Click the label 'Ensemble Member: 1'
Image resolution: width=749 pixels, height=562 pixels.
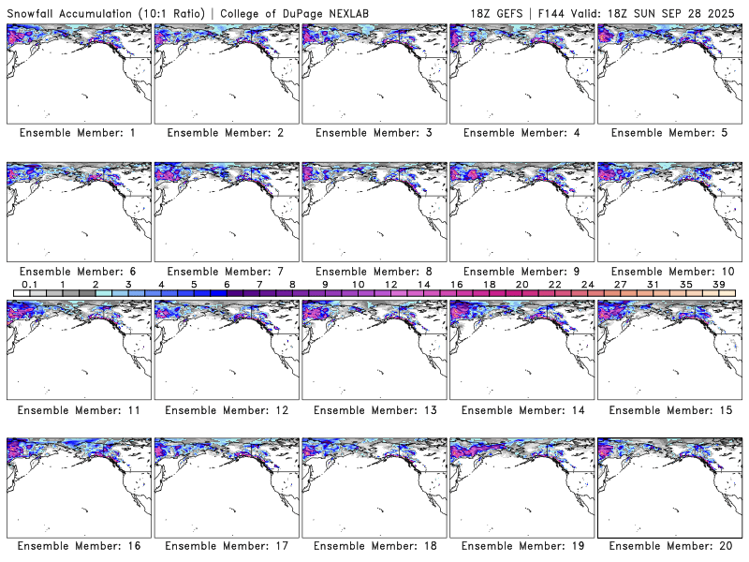point(78,133)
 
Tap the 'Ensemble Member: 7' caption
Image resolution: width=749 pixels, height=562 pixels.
point(226,272)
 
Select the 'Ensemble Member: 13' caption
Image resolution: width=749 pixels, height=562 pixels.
point(374,409)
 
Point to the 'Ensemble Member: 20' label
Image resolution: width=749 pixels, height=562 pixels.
point(668,546)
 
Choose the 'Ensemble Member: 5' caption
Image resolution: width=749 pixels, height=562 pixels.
point(668,133)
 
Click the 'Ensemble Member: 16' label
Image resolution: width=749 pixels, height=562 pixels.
point(78,546)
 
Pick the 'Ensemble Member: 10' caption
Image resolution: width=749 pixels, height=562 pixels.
point(668,272)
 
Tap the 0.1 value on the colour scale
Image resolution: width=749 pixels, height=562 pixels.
point(29,285)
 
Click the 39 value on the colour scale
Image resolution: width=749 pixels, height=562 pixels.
point(718,285)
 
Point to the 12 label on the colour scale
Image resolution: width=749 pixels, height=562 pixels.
point(390,285)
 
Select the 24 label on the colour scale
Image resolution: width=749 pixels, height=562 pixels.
point(587,285)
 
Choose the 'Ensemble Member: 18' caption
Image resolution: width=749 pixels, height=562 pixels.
point(374,546)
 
